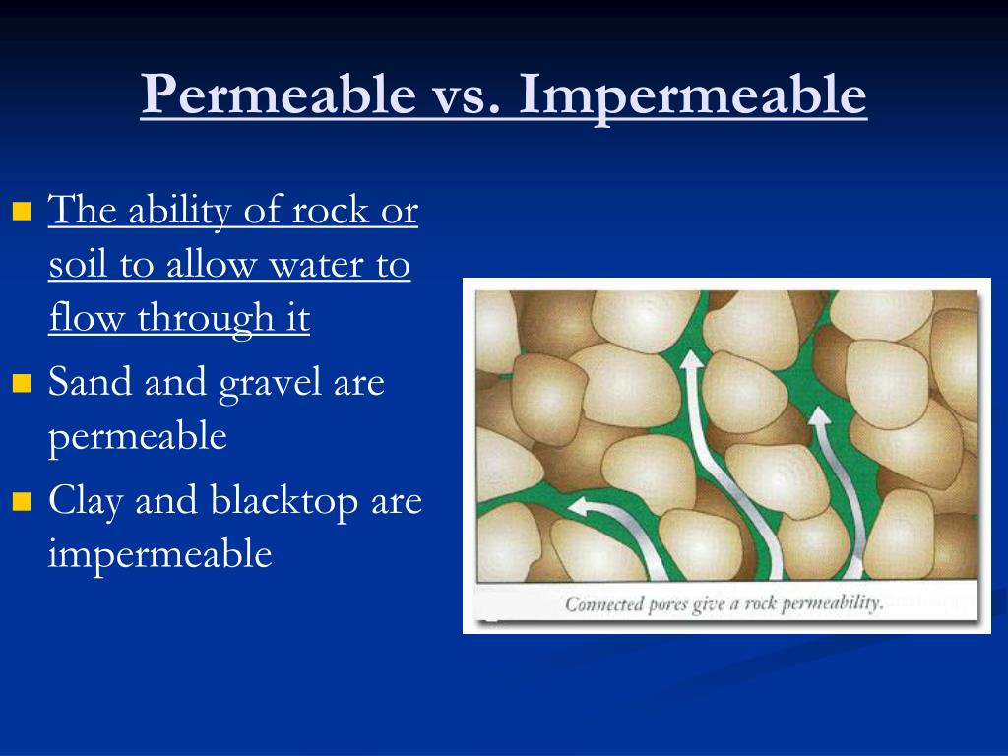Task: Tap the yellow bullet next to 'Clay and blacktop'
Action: tap(23, 502)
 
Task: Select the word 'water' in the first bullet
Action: tap(310, 266)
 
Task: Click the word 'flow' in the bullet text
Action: tap(85, 319)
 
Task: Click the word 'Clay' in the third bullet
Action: tap(87, 502)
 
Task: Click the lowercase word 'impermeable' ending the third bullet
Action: tap(159, 555)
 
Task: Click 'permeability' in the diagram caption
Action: tap(831, 603)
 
